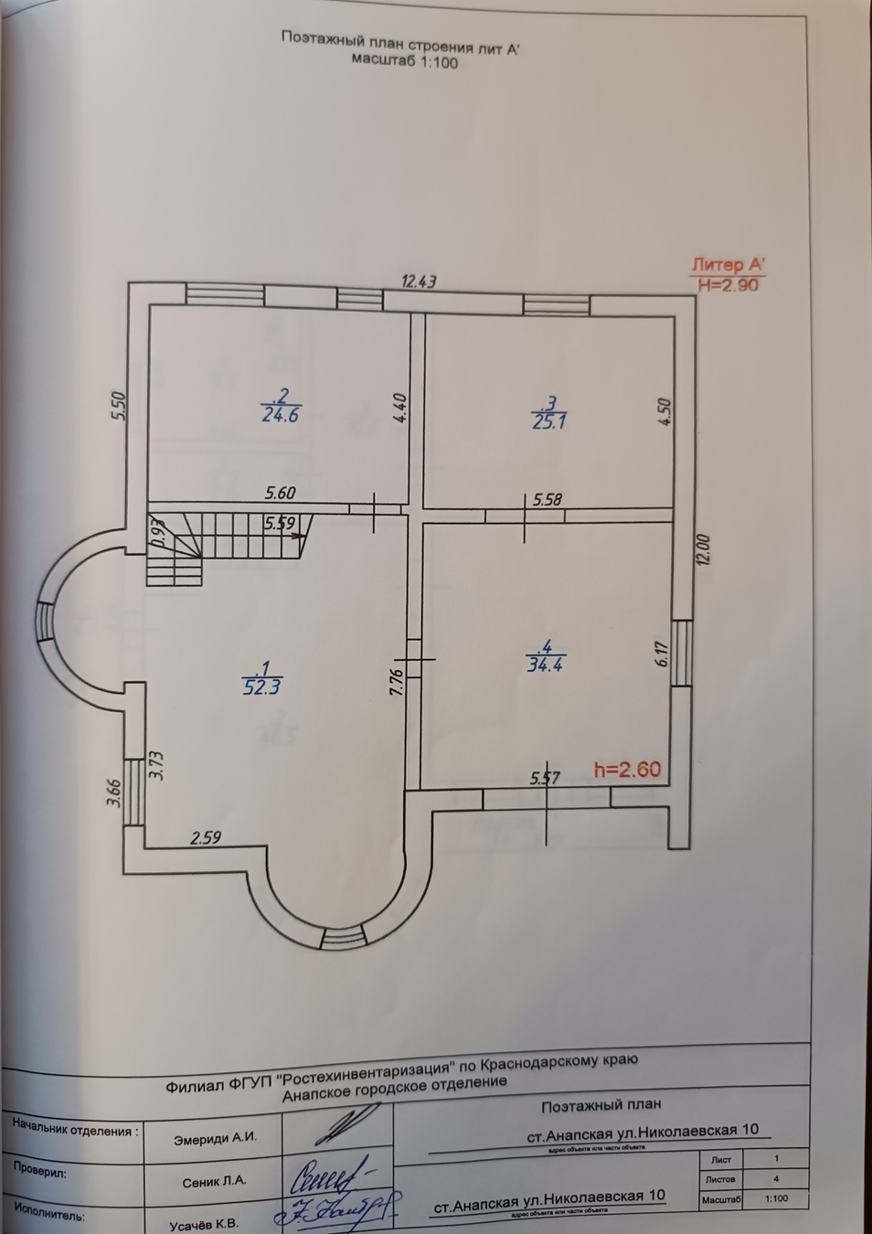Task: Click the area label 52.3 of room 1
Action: point(261,686)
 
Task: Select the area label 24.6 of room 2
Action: point(281,414)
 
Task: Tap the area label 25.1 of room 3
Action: point(548,420)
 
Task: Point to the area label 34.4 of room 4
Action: point(545,665)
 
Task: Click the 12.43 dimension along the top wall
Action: point(419,282)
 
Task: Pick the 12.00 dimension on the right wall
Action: point(702,549)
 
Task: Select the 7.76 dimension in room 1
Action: point(396,683)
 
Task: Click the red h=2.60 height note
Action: point(627,770)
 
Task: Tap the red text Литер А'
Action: point(728,266)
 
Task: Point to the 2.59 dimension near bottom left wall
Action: point(206,836)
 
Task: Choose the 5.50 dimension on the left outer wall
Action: point(117,407)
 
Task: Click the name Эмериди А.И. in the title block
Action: point(215,1138)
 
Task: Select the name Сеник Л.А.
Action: point(215,1181)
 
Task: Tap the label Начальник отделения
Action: point(76,1130)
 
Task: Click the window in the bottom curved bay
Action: point(344,939)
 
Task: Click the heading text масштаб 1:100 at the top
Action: point(404,63)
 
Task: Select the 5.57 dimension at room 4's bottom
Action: point(545,778)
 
